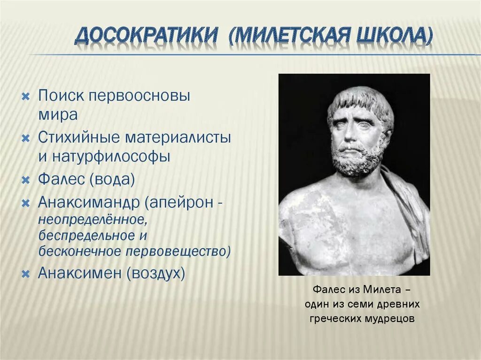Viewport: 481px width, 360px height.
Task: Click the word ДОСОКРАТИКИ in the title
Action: (147, 37)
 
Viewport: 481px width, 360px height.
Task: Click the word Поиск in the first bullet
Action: (61, 96)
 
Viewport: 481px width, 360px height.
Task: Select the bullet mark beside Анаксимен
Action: (26, 273)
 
